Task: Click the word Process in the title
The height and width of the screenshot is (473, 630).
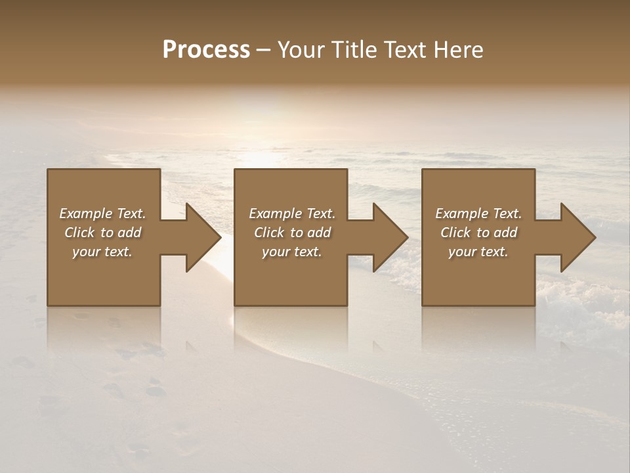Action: (206, 50)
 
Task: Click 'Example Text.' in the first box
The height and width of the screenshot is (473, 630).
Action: (102, 214)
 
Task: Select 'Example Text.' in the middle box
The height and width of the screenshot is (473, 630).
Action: (292, 214)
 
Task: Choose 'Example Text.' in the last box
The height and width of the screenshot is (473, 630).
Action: (478, 214)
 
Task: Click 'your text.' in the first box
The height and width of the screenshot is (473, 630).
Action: (102, 252)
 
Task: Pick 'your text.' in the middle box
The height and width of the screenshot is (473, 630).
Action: (292, 252)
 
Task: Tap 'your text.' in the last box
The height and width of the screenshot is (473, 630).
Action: (478, 252)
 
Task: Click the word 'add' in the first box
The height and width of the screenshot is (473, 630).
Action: (130, 233)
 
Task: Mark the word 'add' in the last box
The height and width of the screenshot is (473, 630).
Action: (506, 233)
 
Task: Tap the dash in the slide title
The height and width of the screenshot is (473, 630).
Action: (264, 50)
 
